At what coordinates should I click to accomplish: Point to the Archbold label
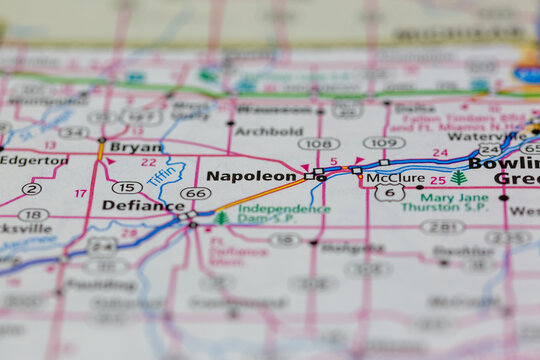pos(268,131)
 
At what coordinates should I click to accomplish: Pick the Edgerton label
pos(34,160)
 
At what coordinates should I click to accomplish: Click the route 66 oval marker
pos(195,193)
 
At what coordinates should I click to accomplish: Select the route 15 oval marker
pos(127,187)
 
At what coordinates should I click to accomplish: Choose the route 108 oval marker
pos(318,144)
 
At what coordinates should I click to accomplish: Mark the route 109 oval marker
pos(384,142)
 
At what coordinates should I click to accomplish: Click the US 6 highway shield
pos(389,193)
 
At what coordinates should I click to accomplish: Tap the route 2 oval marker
pos(31,188)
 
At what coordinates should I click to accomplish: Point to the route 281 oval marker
pos(441,227)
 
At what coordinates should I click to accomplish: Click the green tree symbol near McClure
pos(458,178)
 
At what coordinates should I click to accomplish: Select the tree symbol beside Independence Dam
pos(221,217)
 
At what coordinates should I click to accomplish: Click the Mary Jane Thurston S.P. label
pos(444,202)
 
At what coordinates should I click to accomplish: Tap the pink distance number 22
pos(149,162)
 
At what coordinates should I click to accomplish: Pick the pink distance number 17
pos(81,193)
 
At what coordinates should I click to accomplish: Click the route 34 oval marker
pos(72,132)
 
